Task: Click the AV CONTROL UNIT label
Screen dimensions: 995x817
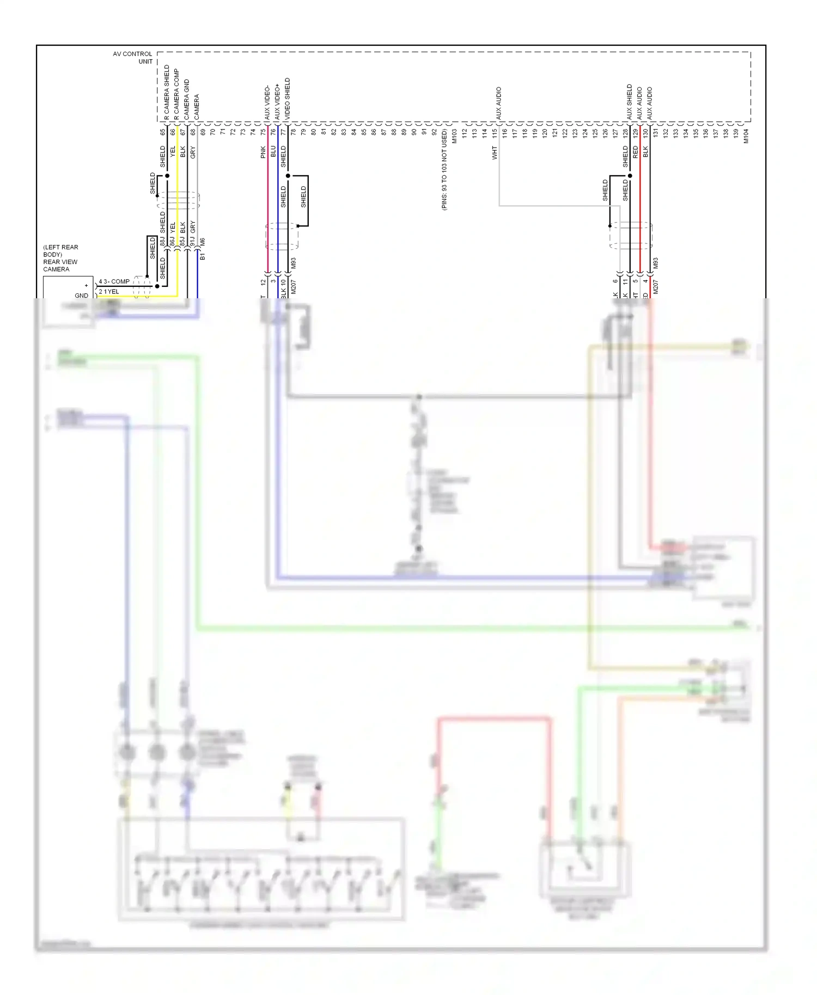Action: coord(132,58)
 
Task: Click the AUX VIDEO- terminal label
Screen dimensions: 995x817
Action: coord(267,103)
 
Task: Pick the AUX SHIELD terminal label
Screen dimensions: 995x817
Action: coord(630,102)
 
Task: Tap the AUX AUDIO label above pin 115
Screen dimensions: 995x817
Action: coord(498,103)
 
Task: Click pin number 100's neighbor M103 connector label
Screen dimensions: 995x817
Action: coord(454,136)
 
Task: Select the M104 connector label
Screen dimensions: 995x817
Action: coord(746,136)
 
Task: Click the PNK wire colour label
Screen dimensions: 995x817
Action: coord(263,152)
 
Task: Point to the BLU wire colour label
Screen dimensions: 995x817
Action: coord(273,152)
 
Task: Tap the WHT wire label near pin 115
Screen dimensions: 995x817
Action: coord(495,152)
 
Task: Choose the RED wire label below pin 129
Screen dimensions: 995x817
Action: coord(635,152)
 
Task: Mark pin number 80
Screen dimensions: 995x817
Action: coord(314,132)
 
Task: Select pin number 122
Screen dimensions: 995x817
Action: coord(565,132)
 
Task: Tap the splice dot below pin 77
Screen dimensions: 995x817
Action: coord(288,176)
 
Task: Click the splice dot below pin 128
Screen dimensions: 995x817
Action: coord(630,176)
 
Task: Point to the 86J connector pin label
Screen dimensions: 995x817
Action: coord(173,241)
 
